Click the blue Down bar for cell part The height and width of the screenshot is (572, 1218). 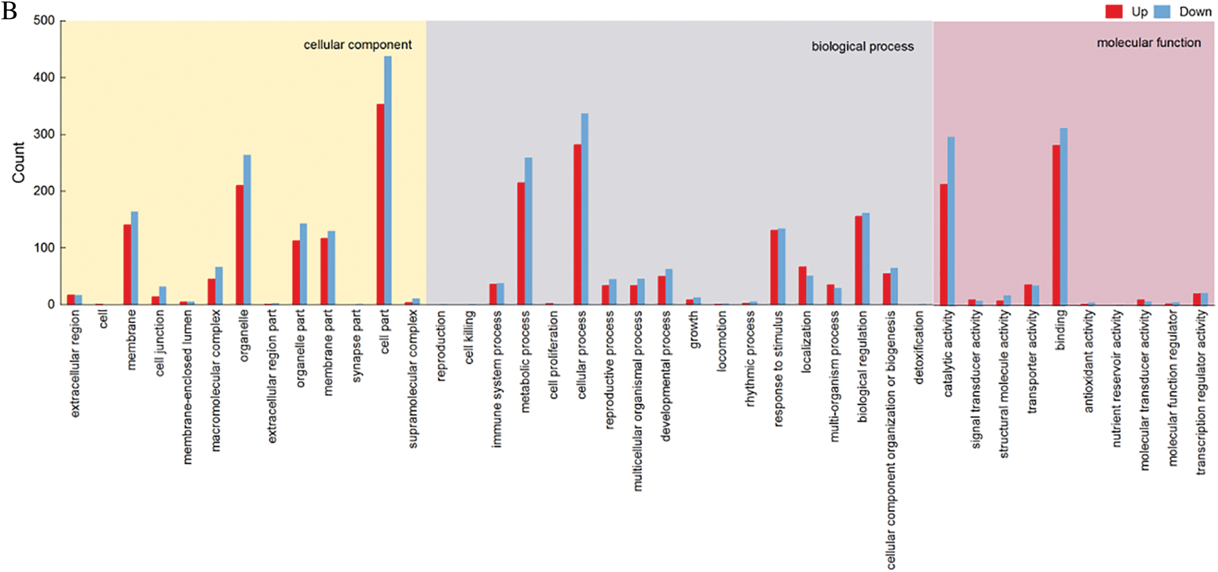[x=388, y=181]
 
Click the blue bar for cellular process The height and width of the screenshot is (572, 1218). [x=585, y=209]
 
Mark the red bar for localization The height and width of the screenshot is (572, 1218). [x=802, y=285]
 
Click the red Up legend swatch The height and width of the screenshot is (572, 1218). [x=1114, y=11]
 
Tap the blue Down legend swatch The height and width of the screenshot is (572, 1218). [x=1162, y=11]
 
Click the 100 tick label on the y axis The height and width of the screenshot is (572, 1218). [x=44, y=248]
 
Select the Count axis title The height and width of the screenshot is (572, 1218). [x=18, y=162]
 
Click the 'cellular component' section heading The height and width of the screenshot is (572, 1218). [x=357, y=45]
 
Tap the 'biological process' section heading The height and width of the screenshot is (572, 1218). [x=862, y=46]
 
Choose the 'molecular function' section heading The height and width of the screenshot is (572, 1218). [x=1148, y=42]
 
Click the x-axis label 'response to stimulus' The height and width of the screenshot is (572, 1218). [x=778, y=368]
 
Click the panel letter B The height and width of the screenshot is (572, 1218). [x=9, y=11]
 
